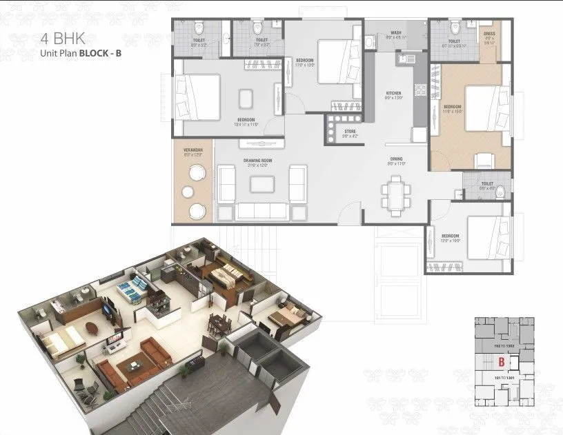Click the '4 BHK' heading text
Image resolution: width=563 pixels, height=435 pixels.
click(63, 38)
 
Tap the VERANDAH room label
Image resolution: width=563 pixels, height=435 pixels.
click(192, 152)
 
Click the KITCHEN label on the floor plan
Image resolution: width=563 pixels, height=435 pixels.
click(393, 95)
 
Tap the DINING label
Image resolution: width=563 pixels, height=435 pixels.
click(394, 160)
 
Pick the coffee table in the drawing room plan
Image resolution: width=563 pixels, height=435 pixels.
click(261, 184)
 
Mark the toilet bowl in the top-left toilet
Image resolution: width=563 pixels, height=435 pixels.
click(197, 28)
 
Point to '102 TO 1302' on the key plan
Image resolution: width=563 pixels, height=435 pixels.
click(502, 345)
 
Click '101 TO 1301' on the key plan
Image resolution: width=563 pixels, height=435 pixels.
click(502, 378)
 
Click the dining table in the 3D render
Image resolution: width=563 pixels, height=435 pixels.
click(219, 321)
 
